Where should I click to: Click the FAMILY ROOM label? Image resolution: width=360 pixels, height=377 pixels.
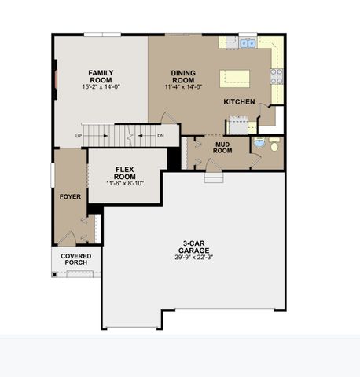tap(101, 75)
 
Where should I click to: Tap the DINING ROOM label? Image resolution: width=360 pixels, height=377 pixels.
tap(182, 76)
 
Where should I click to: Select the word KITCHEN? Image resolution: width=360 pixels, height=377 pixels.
tap(239, 102)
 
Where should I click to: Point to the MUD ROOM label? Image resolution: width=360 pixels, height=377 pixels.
tap(222, 147)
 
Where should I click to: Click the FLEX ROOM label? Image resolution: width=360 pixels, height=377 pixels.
tap(126, 173)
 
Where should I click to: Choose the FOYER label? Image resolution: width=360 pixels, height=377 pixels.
tap(70, 196)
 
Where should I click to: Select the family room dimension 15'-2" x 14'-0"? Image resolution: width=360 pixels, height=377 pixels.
tap(101, 87)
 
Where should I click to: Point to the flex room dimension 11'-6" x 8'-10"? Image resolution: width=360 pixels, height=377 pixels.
tap(126, 184)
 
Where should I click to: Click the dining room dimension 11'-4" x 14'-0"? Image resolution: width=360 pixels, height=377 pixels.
tap(182, 87)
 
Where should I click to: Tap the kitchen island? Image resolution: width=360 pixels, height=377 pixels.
tap(234, 77)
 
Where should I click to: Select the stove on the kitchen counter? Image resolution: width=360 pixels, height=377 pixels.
tap(277, 76)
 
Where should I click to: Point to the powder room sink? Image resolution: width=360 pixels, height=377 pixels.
tap(259, 145)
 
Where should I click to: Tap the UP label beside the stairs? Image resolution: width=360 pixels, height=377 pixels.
tap(79, 135)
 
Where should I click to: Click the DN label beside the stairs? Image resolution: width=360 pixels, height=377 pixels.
tap(160, 135)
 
